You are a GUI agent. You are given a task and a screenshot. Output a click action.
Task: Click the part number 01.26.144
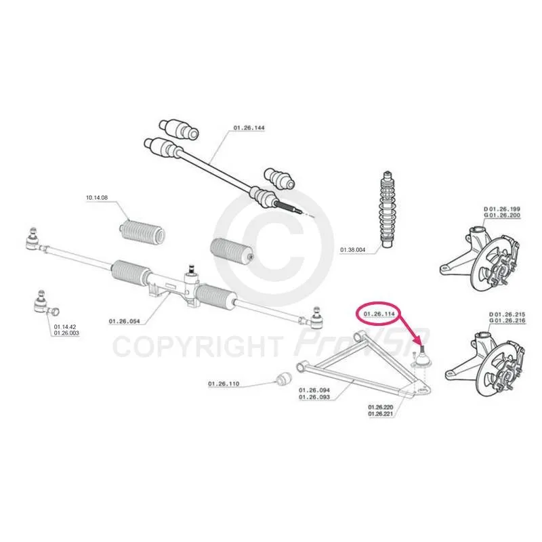tap(249, 128)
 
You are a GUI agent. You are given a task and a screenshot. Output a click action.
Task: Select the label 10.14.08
tap(97, 198)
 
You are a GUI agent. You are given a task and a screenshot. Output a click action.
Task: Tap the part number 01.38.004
tap(352, 249)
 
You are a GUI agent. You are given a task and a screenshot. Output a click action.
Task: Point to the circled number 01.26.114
tap(379, 314)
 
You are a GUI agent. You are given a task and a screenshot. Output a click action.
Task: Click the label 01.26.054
tap(125, 321)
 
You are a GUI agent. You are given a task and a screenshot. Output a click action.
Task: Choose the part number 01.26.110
tap(224, 383)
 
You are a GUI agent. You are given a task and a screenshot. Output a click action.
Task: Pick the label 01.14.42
tap(65, 327)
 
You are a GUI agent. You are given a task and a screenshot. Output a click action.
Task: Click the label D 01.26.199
tap(502, 209)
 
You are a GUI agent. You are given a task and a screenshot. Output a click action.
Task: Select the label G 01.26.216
tap(507, 320)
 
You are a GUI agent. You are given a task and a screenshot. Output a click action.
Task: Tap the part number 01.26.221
tap(381, 414)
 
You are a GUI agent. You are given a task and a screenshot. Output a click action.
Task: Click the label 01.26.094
tap(314, 390)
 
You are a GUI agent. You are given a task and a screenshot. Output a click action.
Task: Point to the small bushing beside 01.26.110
tap(284, 379)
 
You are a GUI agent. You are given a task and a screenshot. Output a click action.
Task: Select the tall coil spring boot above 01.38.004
tap(388, 209)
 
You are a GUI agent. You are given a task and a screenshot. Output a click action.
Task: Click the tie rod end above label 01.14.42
tap(45, 304)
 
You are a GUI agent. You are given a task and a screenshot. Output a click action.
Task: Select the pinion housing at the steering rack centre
tap(191, 285)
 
